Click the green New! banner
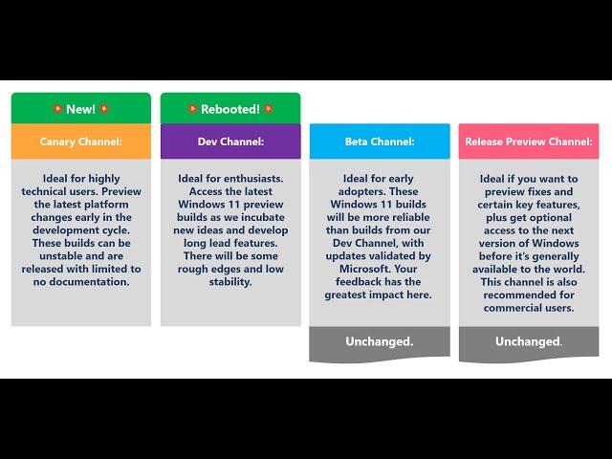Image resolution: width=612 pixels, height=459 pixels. [81, 108]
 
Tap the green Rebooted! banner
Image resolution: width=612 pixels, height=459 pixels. [230, 108]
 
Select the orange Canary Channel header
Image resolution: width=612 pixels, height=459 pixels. [81, 142]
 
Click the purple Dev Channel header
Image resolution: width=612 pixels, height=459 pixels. [230, 142]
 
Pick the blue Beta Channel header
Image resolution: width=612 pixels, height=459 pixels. [380, 142]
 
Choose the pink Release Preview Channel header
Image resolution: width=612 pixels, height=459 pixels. [529, 142]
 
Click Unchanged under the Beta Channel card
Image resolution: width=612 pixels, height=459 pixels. [380, 342]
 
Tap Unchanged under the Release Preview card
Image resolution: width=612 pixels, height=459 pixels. [529, 342]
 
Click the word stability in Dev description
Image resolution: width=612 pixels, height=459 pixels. [230, 282]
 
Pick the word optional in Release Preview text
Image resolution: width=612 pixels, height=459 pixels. [550, 218]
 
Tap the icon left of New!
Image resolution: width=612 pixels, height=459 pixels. [57, 108]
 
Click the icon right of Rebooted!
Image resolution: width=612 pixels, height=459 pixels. [268, 108]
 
